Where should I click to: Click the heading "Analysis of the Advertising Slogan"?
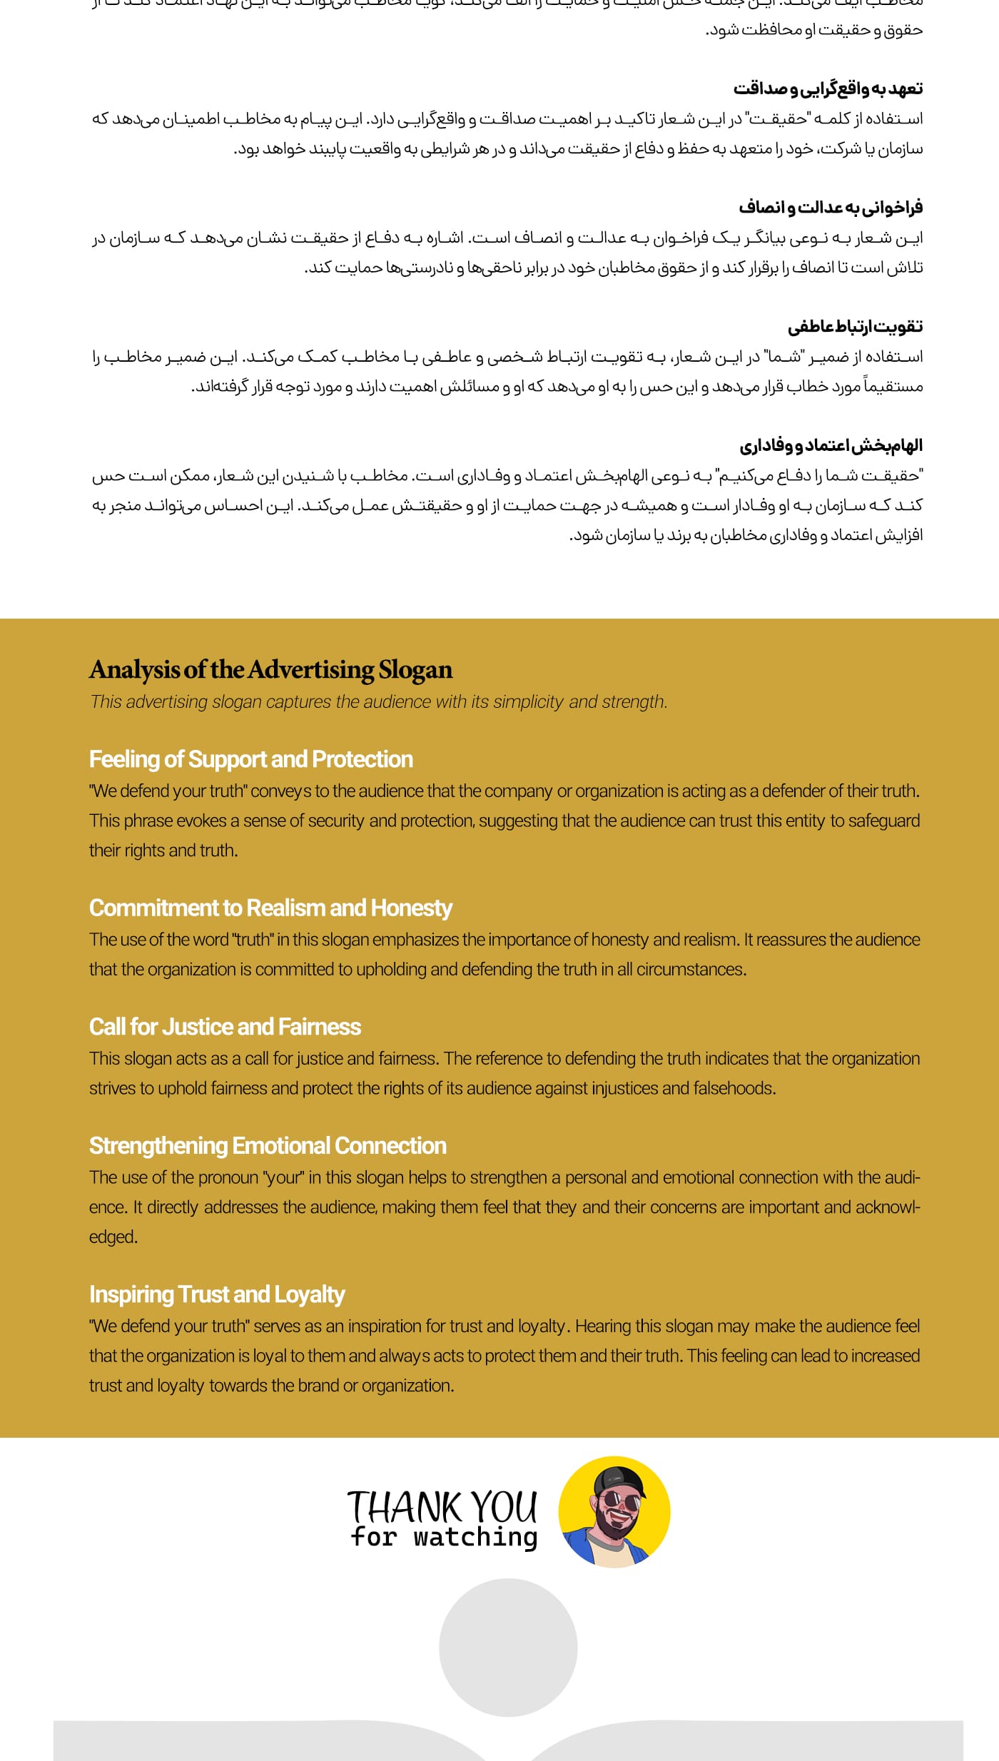tap(270, 670)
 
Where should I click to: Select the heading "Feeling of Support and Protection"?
tap(250, 759)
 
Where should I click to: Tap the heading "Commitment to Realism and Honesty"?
tap(270, 908)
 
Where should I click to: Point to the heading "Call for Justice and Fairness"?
tap(225, 1027)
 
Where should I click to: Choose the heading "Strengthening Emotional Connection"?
tap(268, 1146)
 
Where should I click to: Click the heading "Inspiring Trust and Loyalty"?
tap(217, 1294)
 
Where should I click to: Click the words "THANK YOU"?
tap(442, 1507)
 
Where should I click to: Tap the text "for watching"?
tap(444, 1536)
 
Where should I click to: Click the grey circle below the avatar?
tap(507, 1647)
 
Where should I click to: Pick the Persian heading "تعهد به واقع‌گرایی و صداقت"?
tap(828, 88)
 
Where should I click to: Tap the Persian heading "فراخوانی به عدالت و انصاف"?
tap(831, 208)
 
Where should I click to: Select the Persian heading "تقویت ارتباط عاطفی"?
tap(855, 327)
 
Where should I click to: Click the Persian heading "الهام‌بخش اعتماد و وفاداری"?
tap(831, 446)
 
